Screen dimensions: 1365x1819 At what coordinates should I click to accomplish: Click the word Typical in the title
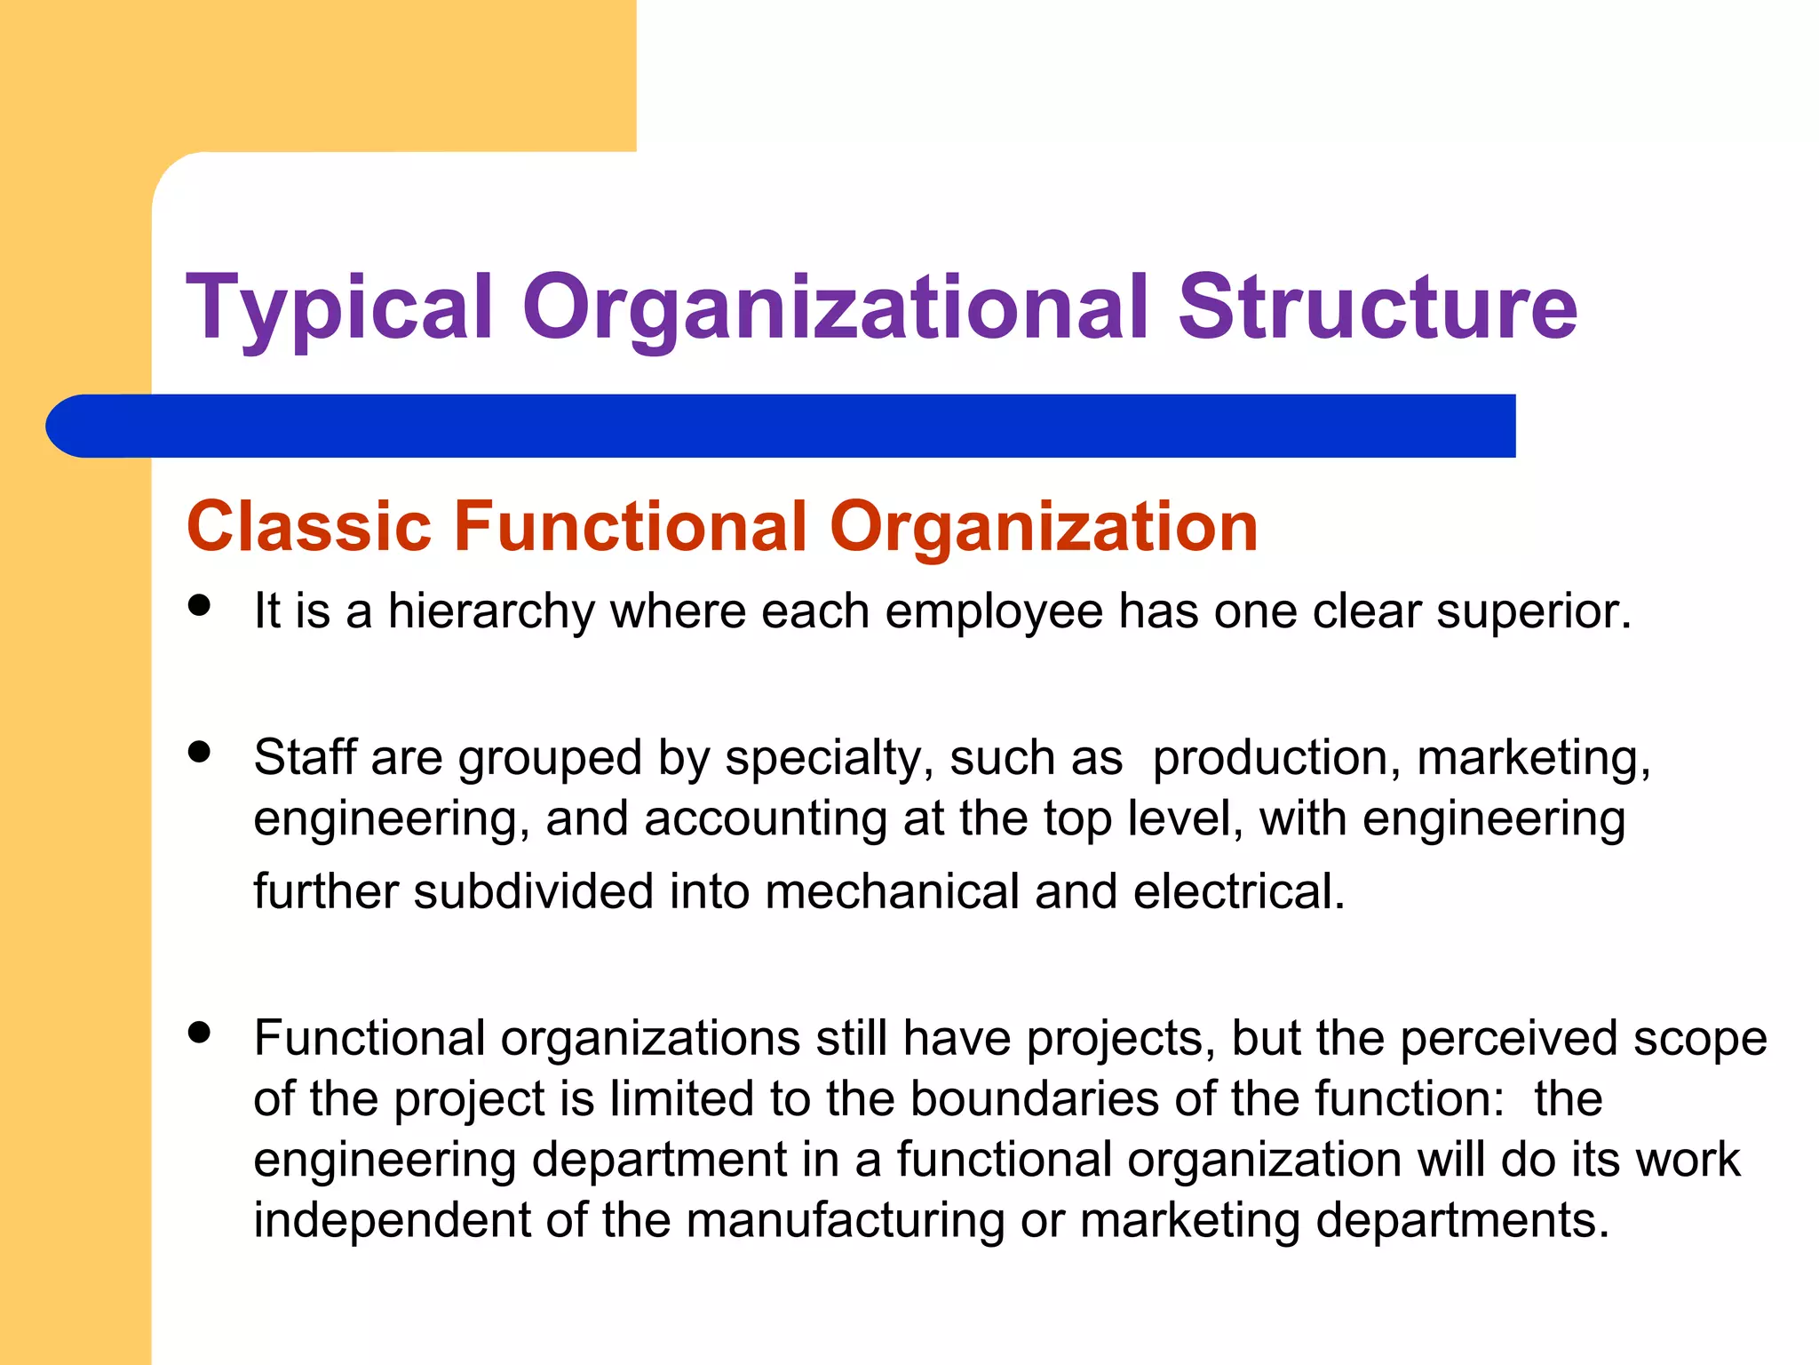[x=338, y=308]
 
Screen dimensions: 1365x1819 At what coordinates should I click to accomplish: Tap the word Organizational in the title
[x=835, y=308]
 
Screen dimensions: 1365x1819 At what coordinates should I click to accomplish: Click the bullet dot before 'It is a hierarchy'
[x=200, y=605]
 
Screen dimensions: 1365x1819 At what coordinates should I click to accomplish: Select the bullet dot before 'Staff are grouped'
[x=200, y=752]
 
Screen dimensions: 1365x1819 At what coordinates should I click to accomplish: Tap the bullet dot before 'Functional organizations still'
[x=200, y=1032]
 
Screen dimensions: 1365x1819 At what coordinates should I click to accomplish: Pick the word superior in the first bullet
[x=1533, y=612]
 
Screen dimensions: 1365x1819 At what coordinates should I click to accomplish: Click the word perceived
[x=1508, y=1039]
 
